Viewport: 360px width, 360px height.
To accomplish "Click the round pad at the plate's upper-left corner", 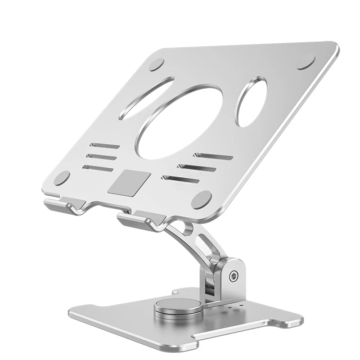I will [157, 64].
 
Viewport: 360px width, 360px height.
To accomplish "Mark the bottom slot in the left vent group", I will [98, 168].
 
